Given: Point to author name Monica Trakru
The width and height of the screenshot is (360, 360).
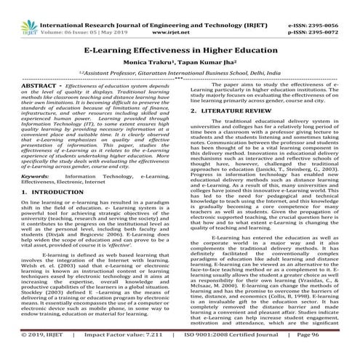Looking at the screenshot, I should click(153, 72).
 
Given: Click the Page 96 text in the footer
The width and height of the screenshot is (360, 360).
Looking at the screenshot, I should click(339, 355).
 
